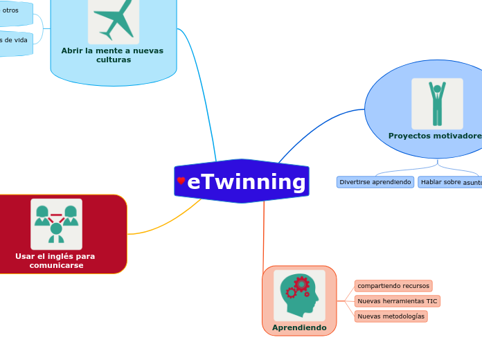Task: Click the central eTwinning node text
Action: [x=246, y=182]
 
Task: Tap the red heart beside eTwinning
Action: [x=181, y=181]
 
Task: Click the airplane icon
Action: [x=114, y=19]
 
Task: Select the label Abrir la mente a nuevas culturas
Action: [x=112, y=55]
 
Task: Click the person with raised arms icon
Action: [x=437, y=103]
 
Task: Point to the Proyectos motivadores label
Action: [x=435, y=136]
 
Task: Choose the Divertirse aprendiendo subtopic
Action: [x=375, y=182]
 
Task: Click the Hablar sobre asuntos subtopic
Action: [x=451, y=182]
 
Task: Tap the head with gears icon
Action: [x=299, y=294]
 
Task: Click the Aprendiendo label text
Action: [x=299, y=327]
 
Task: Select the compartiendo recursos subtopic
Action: [x=393, y=286]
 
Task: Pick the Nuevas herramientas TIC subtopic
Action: [x=397, y=301]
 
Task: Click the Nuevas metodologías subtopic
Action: [x=391, y=316]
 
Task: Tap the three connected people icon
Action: [x=56, y=224]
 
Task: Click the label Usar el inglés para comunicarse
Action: [x=55, y=260]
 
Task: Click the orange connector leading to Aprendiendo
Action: [x=264, y=235]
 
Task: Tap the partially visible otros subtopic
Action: [x=11, y=11]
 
